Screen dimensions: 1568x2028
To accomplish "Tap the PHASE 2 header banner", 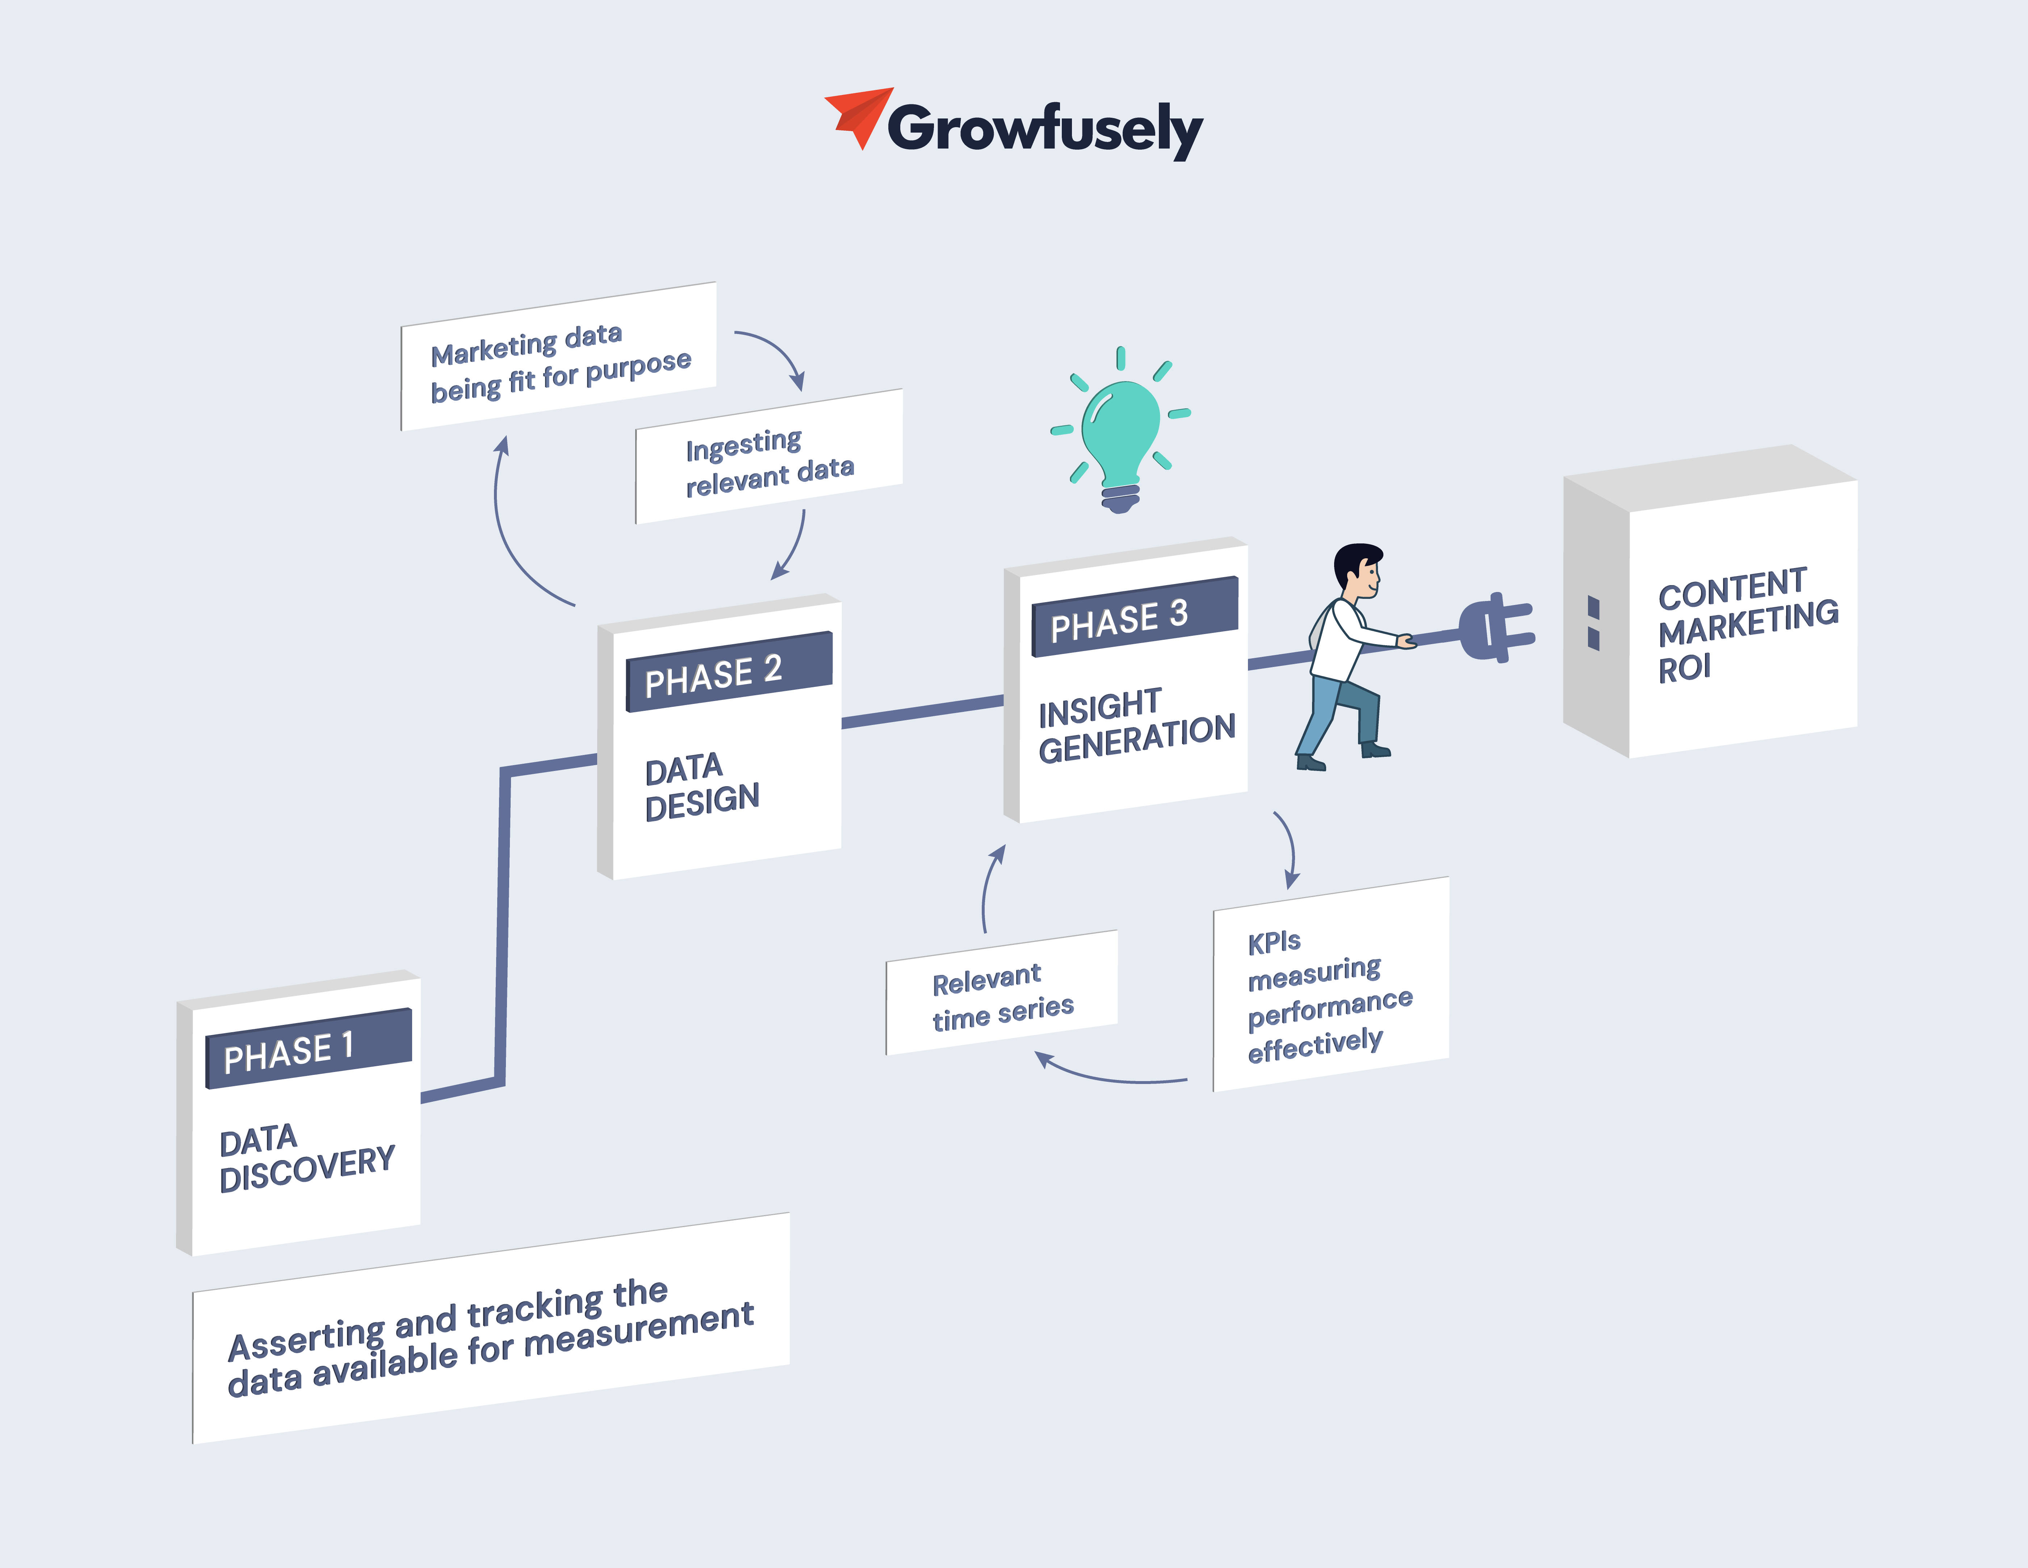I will [x=729, y=672].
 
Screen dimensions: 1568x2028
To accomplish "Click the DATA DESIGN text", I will [x=702, y=786].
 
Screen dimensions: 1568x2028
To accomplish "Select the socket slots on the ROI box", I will [x=1593, y=622].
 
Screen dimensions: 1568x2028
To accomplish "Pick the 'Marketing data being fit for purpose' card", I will [x=559, y=358].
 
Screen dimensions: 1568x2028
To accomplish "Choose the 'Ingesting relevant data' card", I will [x=769, y=458].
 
